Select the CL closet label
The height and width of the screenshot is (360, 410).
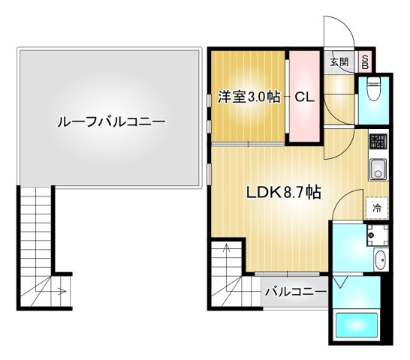coord(303,97)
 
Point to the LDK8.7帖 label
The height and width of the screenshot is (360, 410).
coord(285,191)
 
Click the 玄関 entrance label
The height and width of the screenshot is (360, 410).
coord(339,62)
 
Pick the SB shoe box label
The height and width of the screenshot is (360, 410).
coord(366,62)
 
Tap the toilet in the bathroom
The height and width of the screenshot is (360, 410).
coord(373,94)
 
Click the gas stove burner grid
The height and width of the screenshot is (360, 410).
coord(376,141)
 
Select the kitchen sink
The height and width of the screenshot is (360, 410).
coord(376,169)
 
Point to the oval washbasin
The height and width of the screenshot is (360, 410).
coord(379,262)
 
